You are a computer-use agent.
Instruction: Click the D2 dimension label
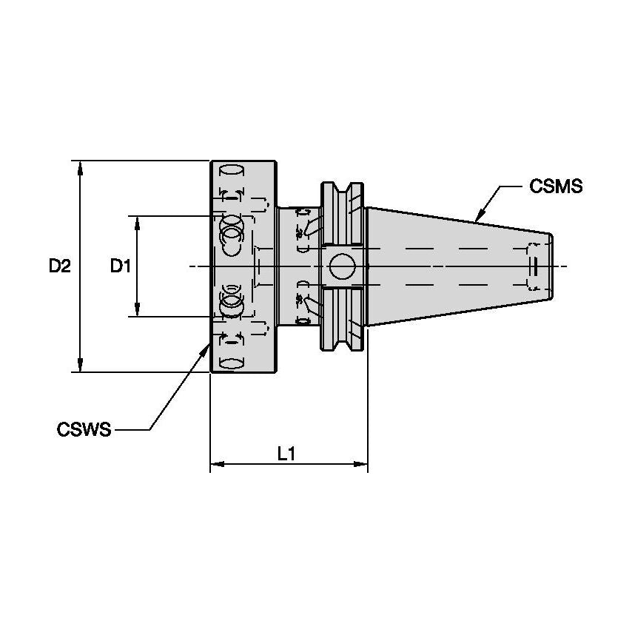[59, 266]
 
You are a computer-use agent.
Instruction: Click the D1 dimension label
[121, 266]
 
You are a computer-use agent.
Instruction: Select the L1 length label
[286, 454]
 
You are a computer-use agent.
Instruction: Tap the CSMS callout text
[556, 186]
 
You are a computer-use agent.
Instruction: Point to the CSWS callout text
[84, 429]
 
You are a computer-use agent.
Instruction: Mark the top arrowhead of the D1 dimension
[137, 222]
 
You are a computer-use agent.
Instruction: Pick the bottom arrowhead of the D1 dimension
[137, 311]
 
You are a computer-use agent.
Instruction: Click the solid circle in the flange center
[341, 266]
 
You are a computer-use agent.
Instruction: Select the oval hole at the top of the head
[232, 169]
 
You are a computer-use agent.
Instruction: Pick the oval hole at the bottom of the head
[232, 363]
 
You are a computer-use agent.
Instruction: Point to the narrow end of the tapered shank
[551, 266]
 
